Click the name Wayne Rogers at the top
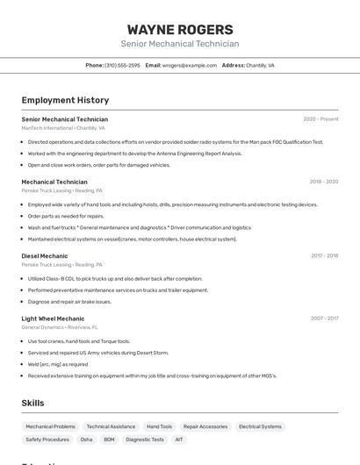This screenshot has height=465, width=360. pyautogui.click(x=180, y=30)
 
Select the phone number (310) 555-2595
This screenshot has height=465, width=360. pyautogui.click(x=122, y=65)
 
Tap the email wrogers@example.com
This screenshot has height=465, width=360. pyautogui.click(x=190, y=65)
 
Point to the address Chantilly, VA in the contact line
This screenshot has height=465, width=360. pyautogui.click(x=260, y=65)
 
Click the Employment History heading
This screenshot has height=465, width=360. pyautogui.click(x=65, y=100)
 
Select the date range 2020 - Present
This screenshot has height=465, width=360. pyautogui.click(x=320, y=119)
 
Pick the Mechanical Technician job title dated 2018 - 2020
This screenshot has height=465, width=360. pyautogui.click(x=54, y=182)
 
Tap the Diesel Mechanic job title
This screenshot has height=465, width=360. pyautogui.click(x=44, y=255)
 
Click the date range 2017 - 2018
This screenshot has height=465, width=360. pyautogui.click(x=324, y=256)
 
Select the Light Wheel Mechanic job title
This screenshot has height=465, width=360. pyautogui.click(x=53, y=318)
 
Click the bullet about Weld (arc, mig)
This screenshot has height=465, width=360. pyautogui.click(x=58, y=364)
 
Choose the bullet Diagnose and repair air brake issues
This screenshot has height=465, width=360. pyautogui.click(x=69, y=301)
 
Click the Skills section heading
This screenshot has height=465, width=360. pyautogui.click(x=33, y=403)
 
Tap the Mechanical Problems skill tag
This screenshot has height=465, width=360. pyautogui.click(x=50, y=426)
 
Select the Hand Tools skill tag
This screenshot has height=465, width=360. pyautogui.click(x=159, y=426)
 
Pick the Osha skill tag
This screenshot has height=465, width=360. pyautogui.click(x=86, y=440)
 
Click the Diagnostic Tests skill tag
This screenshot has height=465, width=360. pyautogui.click(x=145, y=440)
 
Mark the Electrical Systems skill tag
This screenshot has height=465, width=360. pyautogui.click(x=260, y=426)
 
